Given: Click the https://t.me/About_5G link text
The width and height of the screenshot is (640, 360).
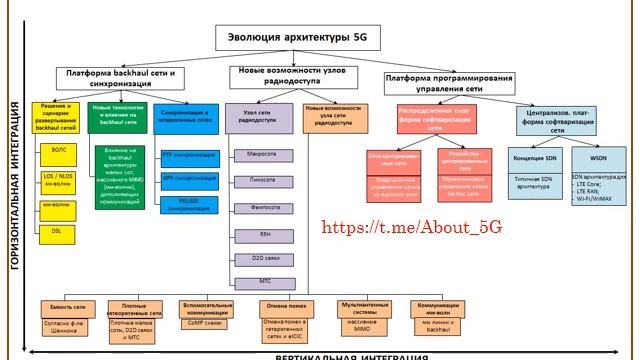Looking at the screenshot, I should (412, 227).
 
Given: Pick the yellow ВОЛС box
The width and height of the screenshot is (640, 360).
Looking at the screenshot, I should (57, 148).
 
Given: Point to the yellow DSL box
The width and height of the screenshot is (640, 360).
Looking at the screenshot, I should (57, 229).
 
